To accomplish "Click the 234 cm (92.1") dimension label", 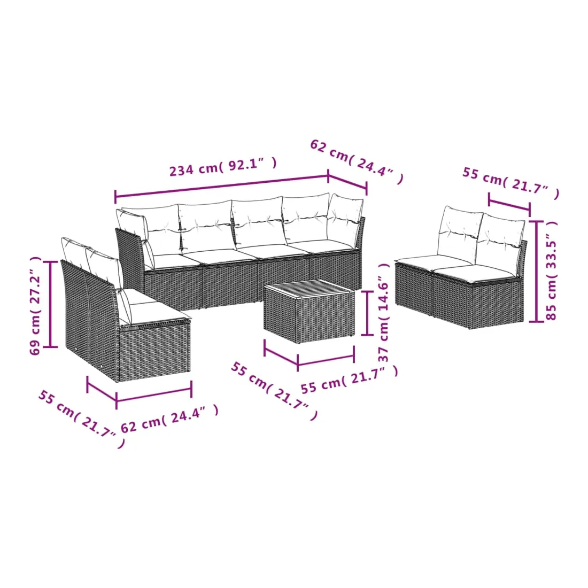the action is tap(223, 167).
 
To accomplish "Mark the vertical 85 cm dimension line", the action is tap(536, 271).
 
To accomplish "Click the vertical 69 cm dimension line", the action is tap(50, 304).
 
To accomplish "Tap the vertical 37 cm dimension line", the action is tap(367, 313).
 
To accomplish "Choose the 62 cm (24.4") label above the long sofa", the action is tap(357, 161).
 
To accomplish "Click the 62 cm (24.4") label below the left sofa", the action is tap(169, 419).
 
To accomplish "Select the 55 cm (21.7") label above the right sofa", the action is tap(510, 183).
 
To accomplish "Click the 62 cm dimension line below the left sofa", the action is tap(154, 393).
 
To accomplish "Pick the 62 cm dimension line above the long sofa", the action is tap(347, 182).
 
